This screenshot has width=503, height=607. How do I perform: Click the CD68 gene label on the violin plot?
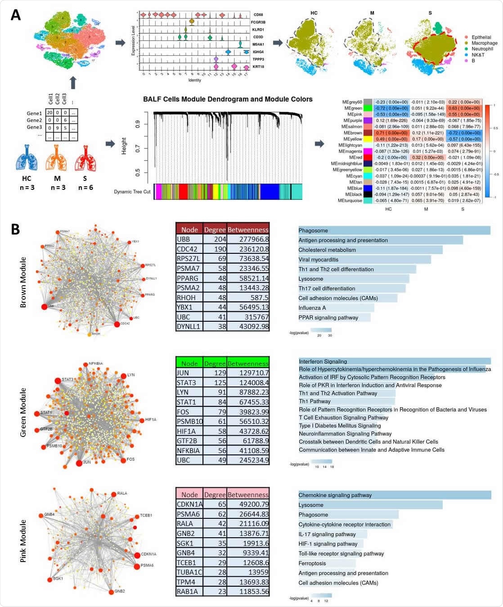point(258,15)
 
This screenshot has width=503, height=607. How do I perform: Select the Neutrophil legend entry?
point(482,49)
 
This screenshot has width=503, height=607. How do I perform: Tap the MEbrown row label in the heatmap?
point(353,133)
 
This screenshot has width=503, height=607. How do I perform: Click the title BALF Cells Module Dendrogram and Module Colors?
point(228,99)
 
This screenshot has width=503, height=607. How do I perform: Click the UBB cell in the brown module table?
point(189,239)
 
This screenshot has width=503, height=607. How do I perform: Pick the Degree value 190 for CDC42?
point(215,249)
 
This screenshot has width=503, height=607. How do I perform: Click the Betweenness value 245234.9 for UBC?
point(247,460)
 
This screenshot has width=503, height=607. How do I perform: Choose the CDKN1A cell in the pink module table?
point(189,504)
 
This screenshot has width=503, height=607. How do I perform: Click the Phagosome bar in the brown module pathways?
point(394,230)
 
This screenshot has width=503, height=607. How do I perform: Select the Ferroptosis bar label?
point(312,563)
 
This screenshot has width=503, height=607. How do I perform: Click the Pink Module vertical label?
point(23,541)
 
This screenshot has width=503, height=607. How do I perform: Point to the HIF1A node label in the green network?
point(151,420)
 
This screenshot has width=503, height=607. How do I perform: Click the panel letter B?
point(15,229)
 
